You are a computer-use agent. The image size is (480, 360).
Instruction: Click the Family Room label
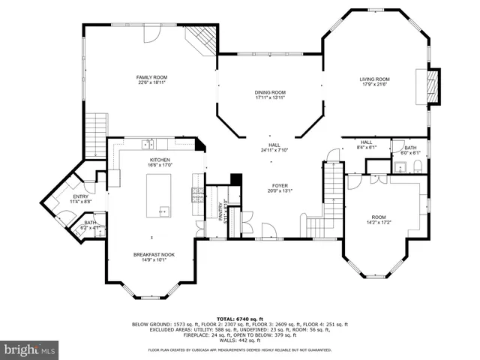click(x=151, y=80)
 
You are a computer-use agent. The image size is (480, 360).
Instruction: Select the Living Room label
click(x=375, y=82)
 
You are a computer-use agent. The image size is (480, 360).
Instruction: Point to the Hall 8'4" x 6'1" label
click(x=366, y=145)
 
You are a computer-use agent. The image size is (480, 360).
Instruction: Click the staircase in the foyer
click(x=324, y=199)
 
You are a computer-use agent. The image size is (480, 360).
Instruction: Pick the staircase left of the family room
click(x=96, y=135)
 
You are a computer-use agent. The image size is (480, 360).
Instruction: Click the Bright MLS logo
click(x=30, y=349)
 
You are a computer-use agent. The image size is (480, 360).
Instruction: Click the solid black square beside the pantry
click(x=235, y=179)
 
